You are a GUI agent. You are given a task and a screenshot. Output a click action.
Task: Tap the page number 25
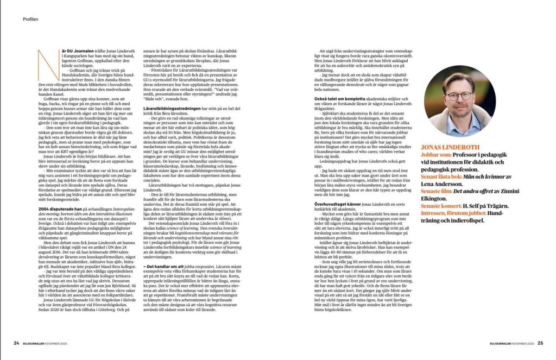(541, 343)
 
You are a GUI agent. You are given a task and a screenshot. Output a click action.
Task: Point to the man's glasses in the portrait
(456, 96)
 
